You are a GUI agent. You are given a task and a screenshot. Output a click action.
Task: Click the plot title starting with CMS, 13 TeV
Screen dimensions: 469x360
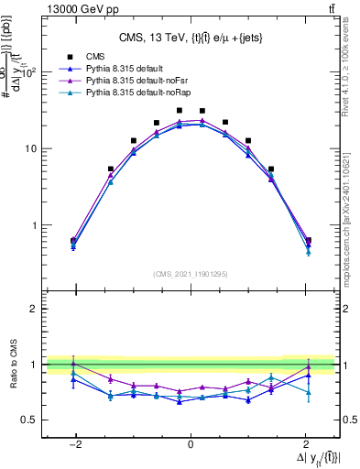(x=191, y=38)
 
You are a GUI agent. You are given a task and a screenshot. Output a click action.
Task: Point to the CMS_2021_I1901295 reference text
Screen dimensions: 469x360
(x=191, y=274)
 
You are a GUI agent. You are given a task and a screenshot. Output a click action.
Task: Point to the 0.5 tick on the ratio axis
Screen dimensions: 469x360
(x=30, y=420)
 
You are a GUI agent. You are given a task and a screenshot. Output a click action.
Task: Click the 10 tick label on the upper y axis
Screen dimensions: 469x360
(x=30, y=148)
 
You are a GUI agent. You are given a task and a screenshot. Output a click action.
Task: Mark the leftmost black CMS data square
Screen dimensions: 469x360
(x=73, y=241)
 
